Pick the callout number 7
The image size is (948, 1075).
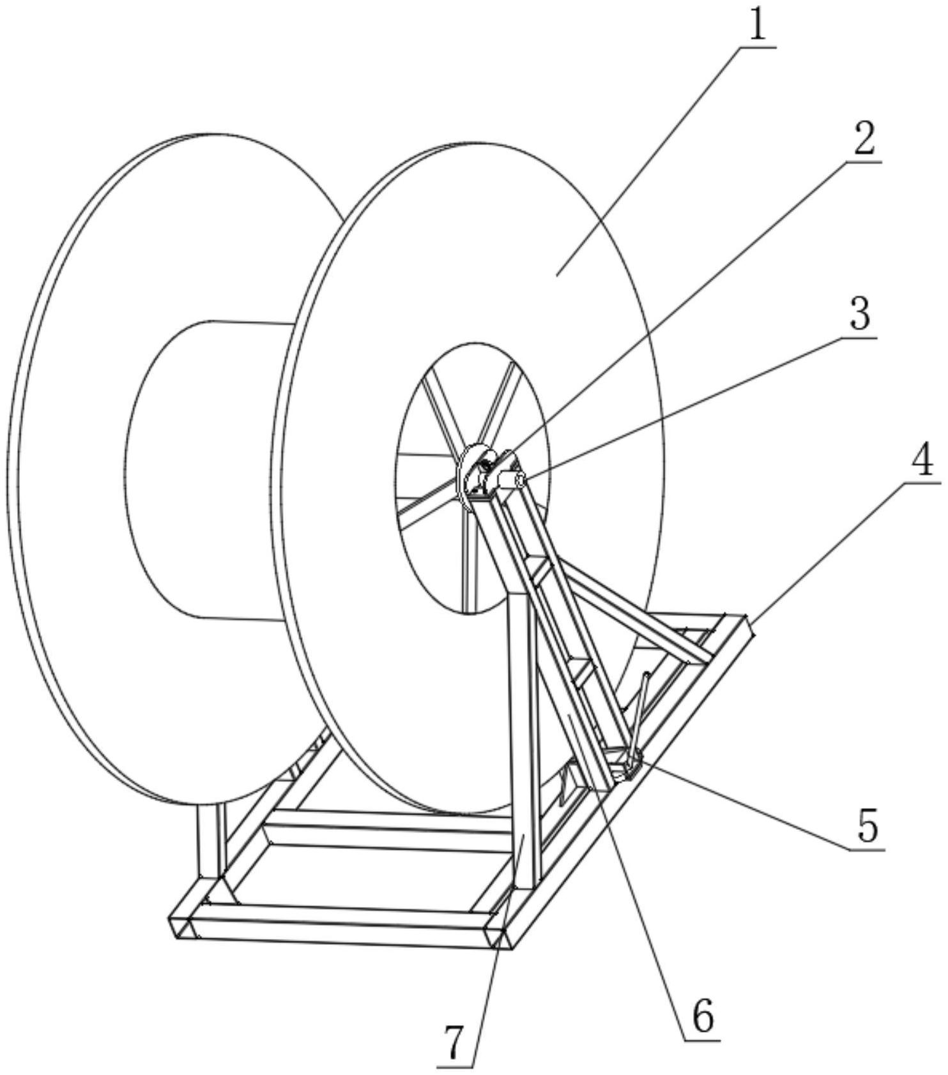click(x=454, y=1044)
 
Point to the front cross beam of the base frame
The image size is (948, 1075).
click(x=342, y=927)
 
